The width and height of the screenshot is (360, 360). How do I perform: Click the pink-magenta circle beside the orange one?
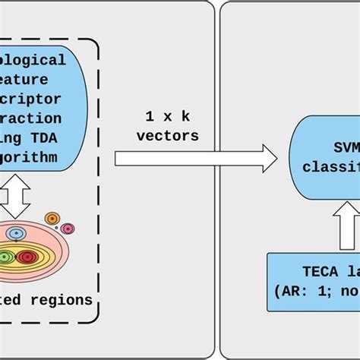68,228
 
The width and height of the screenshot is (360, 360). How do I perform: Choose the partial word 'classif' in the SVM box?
330,166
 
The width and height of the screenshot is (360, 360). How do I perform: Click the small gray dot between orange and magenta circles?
56,228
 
